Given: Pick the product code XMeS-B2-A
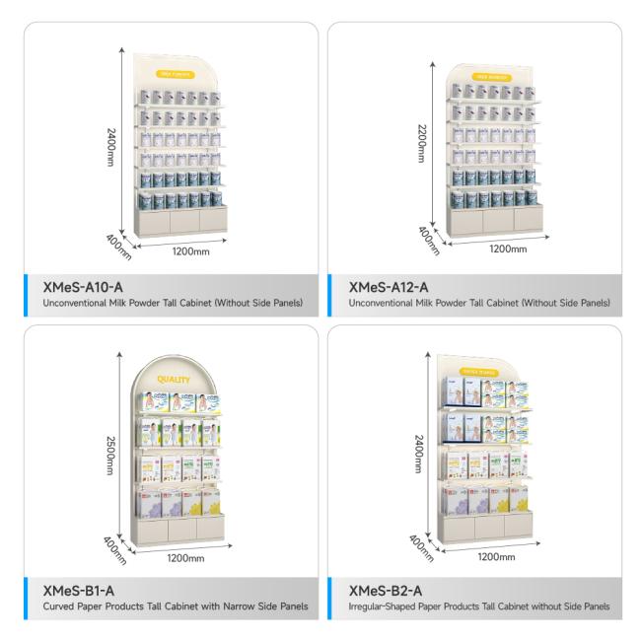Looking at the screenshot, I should (x=385, y=591).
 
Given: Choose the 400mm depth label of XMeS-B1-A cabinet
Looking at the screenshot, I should (x=113, y=547).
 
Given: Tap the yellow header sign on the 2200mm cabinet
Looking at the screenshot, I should (x=494, y=75).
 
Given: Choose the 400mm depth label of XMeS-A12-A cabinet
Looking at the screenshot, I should (x=429, y=239).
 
